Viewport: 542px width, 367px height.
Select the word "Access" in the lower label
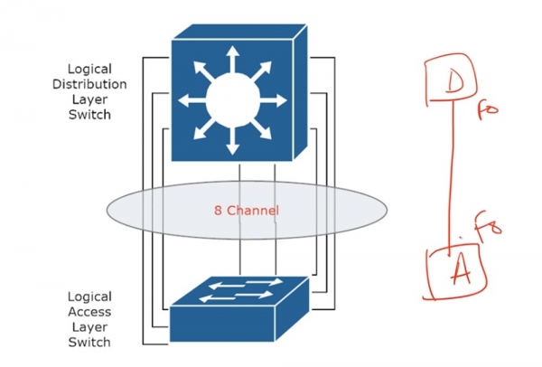click(89, 312)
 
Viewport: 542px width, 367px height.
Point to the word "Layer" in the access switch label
click(89, 327)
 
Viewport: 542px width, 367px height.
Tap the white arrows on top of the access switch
click(240, 289)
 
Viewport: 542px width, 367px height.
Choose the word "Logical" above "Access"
click(89, 296)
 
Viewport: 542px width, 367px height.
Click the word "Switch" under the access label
click(89, 343)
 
